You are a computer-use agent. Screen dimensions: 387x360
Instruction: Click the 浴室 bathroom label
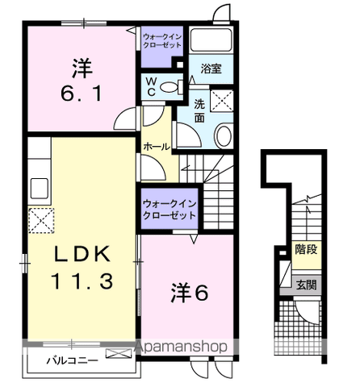(211, 70)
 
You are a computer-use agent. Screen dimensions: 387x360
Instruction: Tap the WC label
(150, 87)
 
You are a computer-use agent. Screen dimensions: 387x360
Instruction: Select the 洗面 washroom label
(199, 110)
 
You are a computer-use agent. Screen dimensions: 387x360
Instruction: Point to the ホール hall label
(155, 147)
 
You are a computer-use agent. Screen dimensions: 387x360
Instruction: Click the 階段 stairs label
(305, 249)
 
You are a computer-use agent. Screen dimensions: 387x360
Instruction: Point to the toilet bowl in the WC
(169, 87)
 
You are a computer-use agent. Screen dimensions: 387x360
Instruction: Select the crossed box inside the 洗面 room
(221, 102)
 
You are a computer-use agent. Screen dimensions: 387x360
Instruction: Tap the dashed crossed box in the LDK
(40, 219)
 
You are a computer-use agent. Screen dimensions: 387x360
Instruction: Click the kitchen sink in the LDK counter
(40, 189)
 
